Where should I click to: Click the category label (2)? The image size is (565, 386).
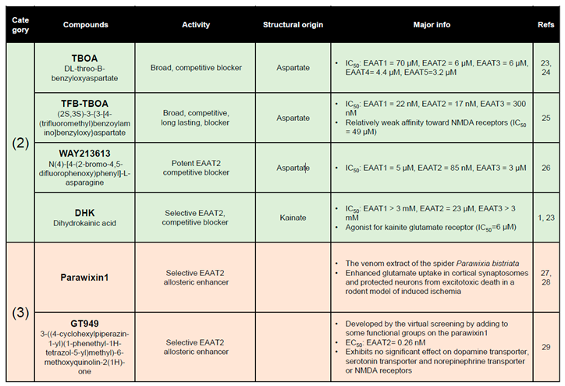coord(20,144)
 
